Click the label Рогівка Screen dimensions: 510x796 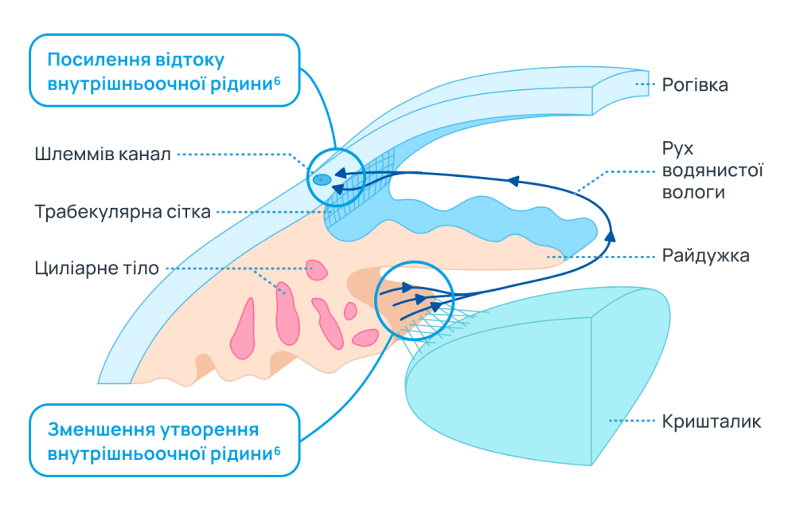click(695, 84)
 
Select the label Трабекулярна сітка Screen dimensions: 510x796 click(123, 212)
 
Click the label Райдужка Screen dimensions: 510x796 click(705, 256)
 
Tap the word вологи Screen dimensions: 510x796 click(693, 192)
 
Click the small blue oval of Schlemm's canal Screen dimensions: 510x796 click(321, 180)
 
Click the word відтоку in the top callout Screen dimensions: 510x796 click(193, 61)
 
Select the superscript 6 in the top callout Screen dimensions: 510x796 click(277, 80)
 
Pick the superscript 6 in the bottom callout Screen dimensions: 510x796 click(277, 449)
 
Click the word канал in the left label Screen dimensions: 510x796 click(146, 154)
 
